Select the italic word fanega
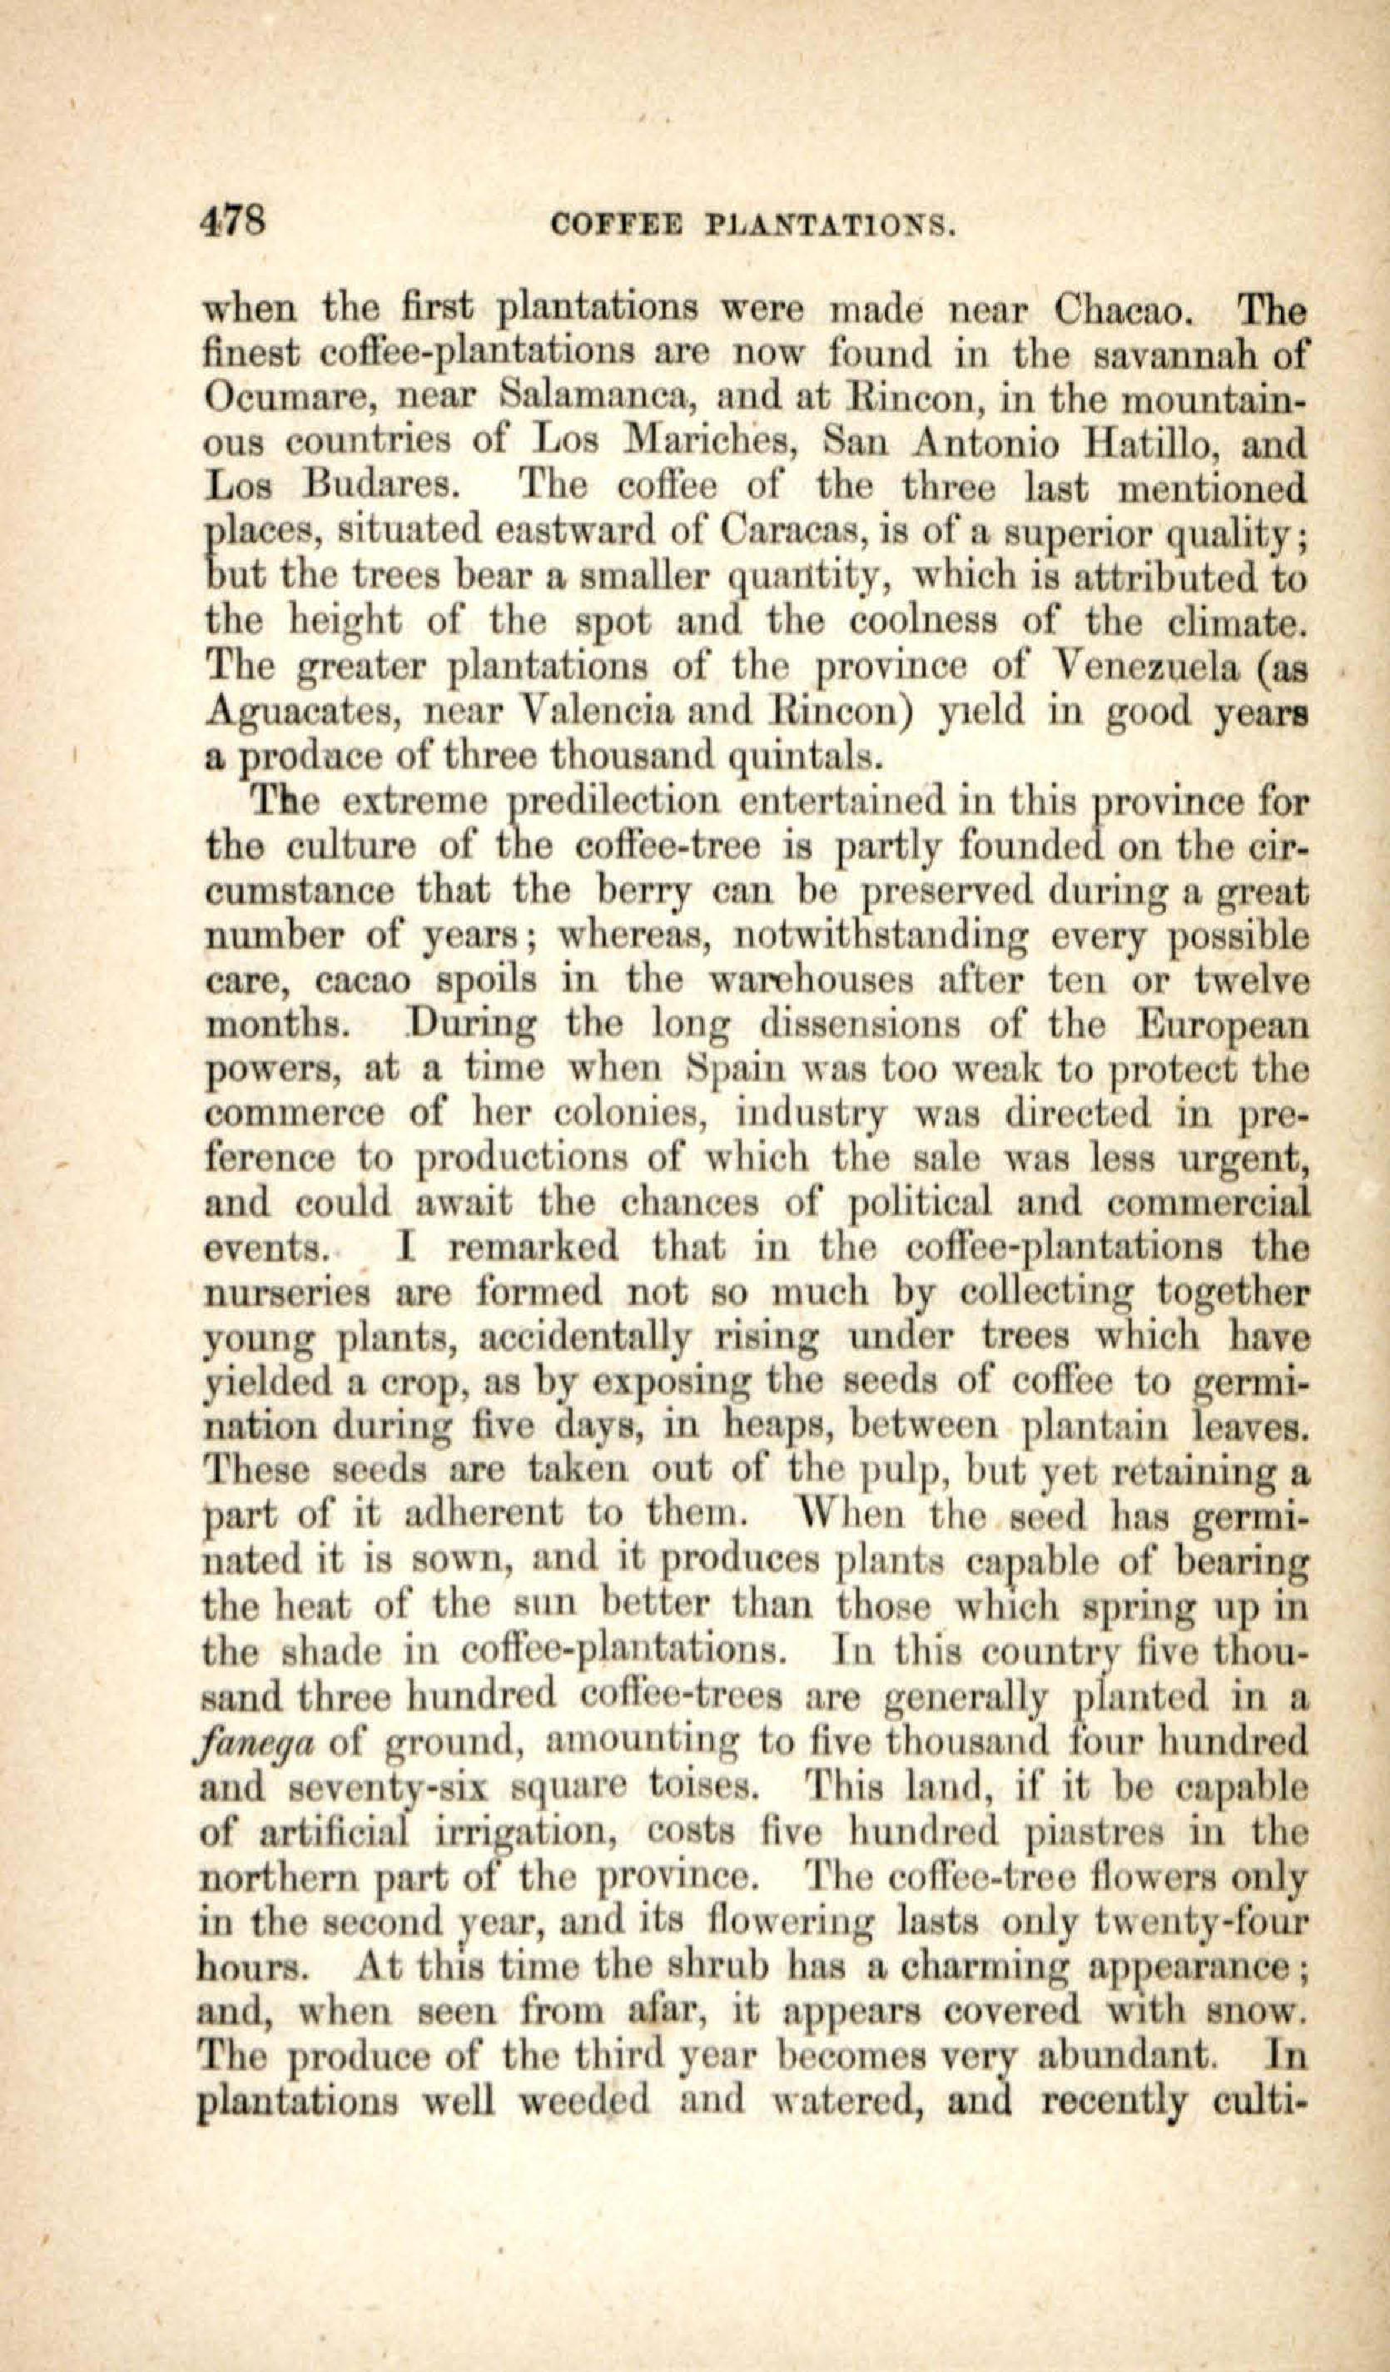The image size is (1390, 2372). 256,1744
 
